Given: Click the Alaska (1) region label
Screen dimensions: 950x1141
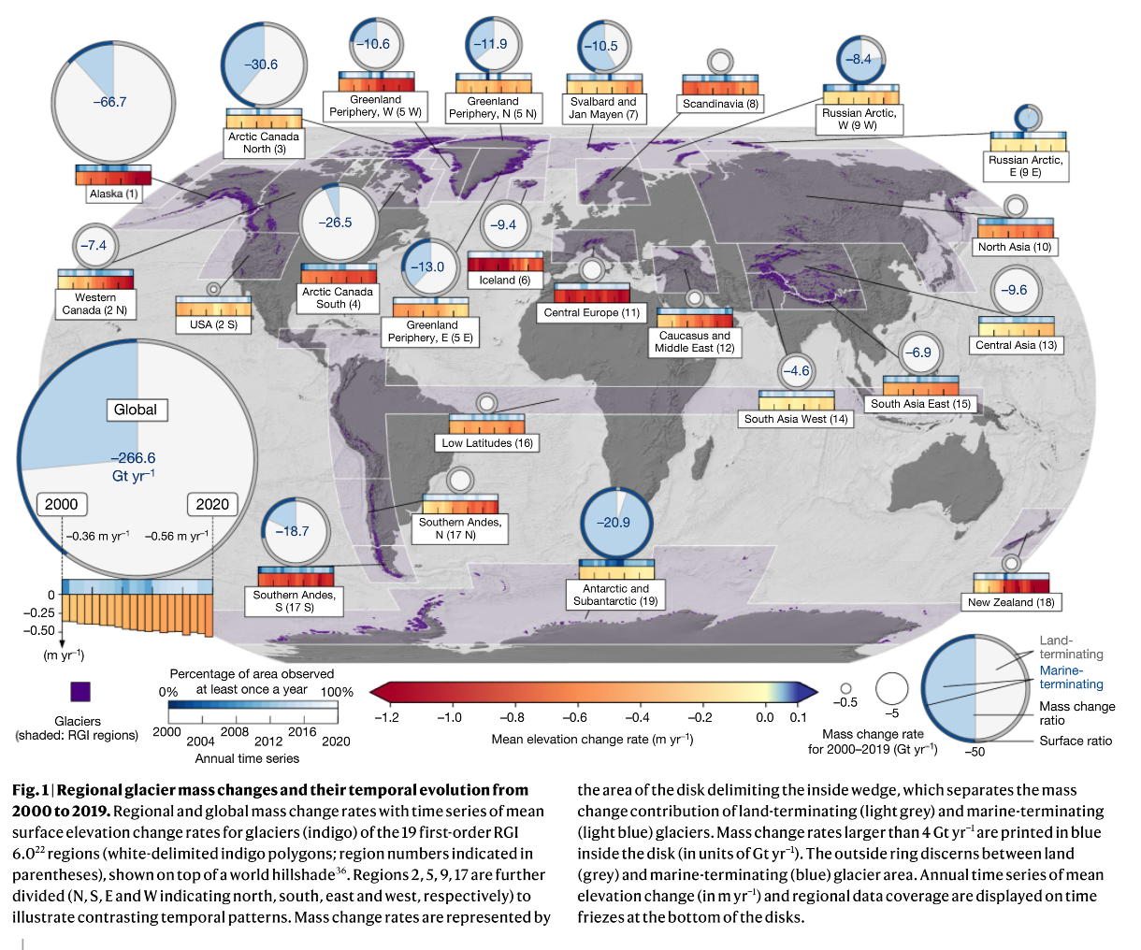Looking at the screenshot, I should tap(113, 194).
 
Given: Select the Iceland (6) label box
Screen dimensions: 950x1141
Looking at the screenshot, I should tap(504, 280).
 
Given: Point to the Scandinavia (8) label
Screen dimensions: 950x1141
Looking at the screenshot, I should tap(719, 104).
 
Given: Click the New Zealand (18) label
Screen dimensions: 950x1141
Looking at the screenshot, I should tap(1010, 602).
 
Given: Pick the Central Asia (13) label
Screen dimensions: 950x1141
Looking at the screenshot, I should tap(1016, 345).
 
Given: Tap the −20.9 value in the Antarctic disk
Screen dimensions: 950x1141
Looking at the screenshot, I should tap(614, 523).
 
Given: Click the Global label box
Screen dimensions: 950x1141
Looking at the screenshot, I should tap(135, 410).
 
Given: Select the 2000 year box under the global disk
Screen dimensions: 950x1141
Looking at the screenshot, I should tap(62, 504).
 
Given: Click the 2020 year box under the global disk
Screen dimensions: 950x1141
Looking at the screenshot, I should tap(212, 504).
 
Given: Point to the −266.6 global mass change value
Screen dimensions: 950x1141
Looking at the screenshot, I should tap(133, 458).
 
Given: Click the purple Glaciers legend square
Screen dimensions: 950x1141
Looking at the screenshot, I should tap(80, 692).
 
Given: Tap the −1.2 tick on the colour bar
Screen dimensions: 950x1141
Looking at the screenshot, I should tap(386, 717).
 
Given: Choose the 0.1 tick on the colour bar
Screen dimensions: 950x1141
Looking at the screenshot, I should tap(798, 717).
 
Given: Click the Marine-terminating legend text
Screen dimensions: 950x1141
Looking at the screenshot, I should tap(1071, 677).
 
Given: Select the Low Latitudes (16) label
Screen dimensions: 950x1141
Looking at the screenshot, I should tap(487, 443).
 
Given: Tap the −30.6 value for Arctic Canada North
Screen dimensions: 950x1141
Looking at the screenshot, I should tap(261, 65).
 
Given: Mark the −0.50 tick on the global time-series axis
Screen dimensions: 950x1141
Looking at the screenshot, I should tap(38, 630).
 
